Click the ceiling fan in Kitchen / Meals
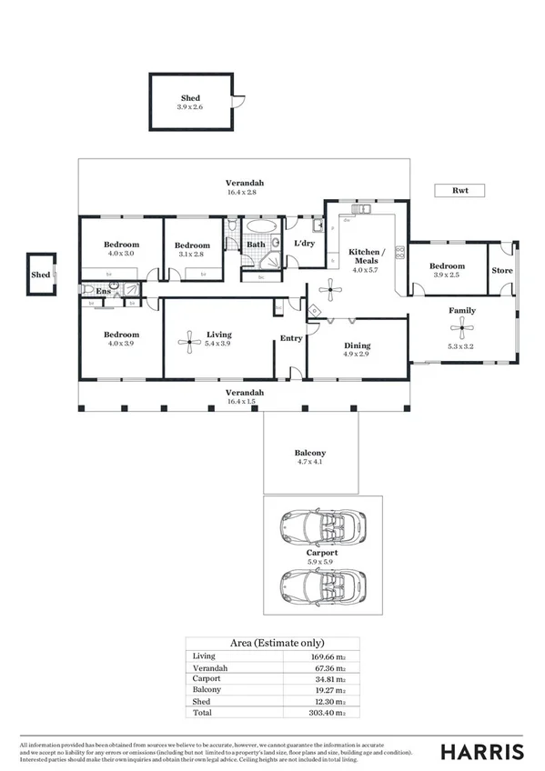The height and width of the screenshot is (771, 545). click(329, 292)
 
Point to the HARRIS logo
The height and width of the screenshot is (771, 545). click(482, 751)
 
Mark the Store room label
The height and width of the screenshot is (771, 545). click(502, 271)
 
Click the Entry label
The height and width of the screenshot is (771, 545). click(291, 339)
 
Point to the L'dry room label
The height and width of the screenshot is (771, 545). click(304, 244)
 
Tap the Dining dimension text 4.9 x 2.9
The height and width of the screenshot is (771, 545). click(357, 355)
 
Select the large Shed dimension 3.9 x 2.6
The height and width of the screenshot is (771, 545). click(190, 107)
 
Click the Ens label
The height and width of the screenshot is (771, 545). click(104, 293)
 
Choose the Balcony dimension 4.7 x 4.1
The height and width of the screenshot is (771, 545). click(309, 463)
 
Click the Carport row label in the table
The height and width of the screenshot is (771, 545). click(207, 679)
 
